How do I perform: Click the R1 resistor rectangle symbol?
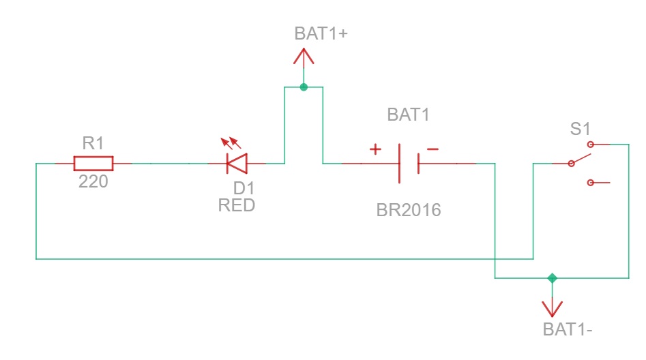[93, 164]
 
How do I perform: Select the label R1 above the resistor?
[93, 144]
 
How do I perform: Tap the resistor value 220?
[93, 182]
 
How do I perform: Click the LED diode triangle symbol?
[237, 164]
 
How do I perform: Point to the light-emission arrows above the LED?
[231, 144]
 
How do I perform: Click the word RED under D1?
[237, 205]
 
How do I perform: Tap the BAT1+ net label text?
[321, 34]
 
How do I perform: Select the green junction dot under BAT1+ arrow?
[304, 87]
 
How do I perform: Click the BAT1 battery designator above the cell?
[409, 115]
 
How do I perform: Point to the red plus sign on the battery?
[375, 149]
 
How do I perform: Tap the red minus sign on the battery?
[432, 149]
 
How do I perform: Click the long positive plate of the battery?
[399, 164]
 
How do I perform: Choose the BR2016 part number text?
[409, 211]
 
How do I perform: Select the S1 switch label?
[581, 128]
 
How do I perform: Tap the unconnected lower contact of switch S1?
[591, 183]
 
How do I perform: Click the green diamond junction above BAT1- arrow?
[552, 278]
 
